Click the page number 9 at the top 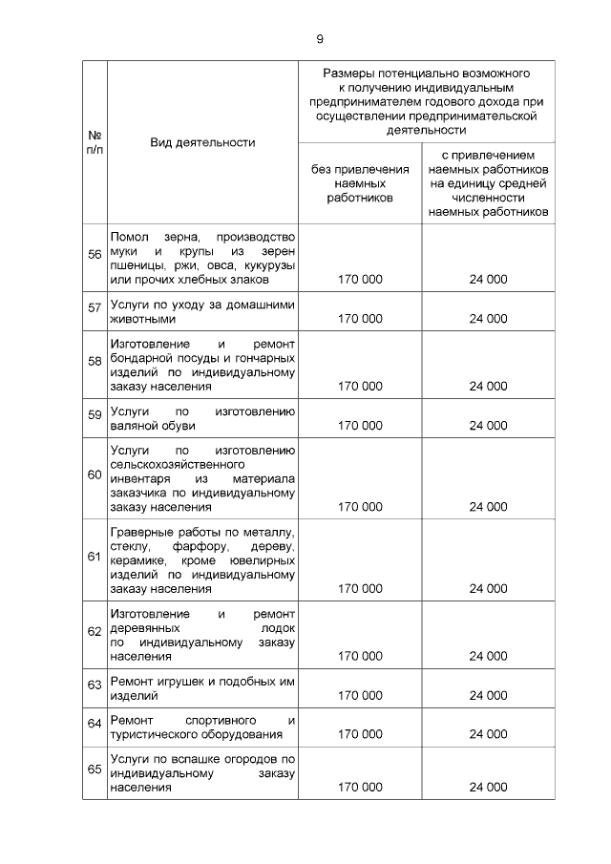[x=320, y=39]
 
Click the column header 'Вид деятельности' [x=202, y=142]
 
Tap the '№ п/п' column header [x=95, y=142]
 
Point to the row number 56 [x=95, y=253]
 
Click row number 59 [x=95, y=414]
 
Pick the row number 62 [x=95, y=631]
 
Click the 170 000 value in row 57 [x=360, y=319]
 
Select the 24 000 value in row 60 [x=488, y=507]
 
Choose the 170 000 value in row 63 [x=360, y=696]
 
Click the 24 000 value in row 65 [x=488, y=788]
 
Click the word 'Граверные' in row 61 [x=141, y=531]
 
